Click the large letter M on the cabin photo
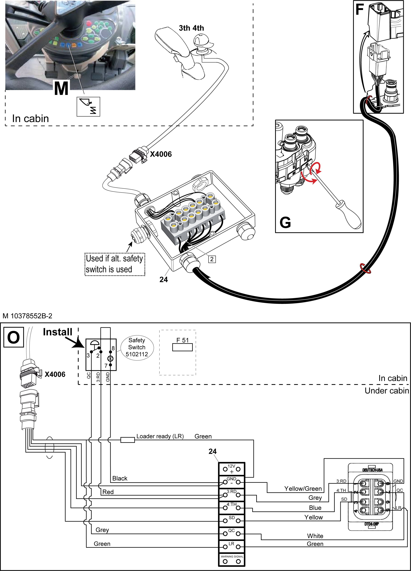[61, 88]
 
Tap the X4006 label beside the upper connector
[161, 154]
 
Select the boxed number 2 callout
[212, 259]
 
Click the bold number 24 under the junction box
[163, 279]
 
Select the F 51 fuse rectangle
[182, 347]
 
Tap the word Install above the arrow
[58, 332]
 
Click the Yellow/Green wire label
[303, 489]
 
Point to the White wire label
[315, 536]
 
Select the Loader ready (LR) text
[160, 436]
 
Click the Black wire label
[120, 478]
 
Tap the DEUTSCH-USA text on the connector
[372, 470]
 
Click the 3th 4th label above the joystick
[191, 28]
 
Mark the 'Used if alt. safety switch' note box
[115, 264]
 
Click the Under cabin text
[387, 391]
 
